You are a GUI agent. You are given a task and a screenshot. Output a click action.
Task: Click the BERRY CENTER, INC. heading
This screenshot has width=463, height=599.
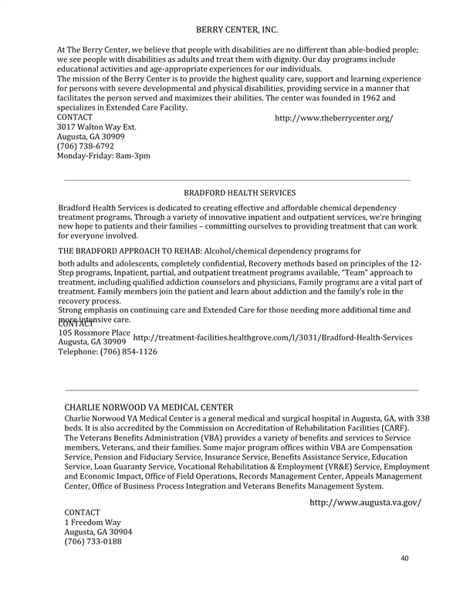click(x=237, y=29)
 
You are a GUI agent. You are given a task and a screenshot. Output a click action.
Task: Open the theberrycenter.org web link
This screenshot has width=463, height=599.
click(x=333, y=118)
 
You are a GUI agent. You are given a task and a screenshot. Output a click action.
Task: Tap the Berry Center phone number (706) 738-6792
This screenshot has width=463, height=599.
click(x=85, y=146)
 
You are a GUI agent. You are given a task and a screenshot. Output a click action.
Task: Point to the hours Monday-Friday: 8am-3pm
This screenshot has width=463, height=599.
click(x=103, y=155)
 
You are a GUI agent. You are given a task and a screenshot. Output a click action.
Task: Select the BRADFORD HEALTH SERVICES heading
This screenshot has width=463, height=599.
click(x=239, y=192)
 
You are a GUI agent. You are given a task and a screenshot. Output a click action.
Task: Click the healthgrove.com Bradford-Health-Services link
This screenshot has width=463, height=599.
click(x=272, y=337)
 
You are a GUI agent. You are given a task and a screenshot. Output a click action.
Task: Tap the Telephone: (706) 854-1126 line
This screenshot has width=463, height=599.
click(x=107, y=351)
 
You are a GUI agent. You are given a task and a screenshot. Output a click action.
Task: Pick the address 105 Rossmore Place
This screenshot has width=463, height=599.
click(x=94, y=332)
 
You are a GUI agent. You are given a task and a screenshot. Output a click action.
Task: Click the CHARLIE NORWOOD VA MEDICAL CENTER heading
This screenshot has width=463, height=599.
click(x=148, y=407)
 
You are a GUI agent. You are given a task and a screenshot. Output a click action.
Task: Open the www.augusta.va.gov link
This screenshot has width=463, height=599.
click(x=365, y=503)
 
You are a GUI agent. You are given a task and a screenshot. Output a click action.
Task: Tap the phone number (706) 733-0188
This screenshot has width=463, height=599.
click(x=93, y=541)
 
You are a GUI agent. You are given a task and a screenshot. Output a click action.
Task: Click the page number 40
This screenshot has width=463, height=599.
click(x=404, y=557)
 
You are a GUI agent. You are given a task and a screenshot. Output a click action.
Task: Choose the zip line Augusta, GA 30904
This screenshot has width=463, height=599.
click(x=98, y=532)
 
